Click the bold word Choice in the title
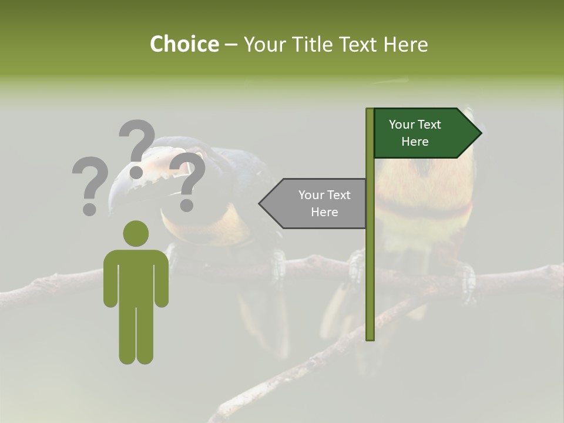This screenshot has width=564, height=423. pyautogui.click(x=184, y=44)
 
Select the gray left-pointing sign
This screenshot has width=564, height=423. pyautogui.click(x=317, y=203)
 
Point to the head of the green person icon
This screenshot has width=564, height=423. pyautogui.click(x=136, y=233)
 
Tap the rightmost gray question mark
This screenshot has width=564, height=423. pyautogui.click(x=187, y=181)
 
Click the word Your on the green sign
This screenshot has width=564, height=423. pyautogui.click(x=402, y=125)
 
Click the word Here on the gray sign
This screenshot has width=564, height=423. pyautogui.click(x=324, y=212)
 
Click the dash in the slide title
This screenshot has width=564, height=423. pyautogui.click(x=231, y=45)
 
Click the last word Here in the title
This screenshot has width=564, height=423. pyautogui.click(x=406, y=44)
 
